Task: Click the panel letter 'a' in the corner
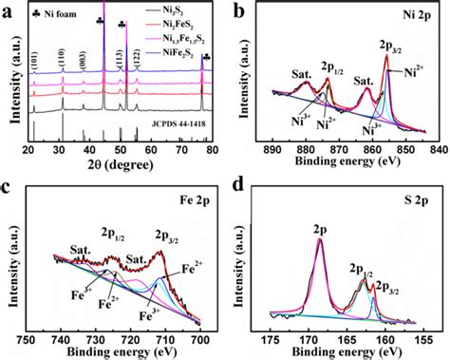[x=9, y=9]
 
